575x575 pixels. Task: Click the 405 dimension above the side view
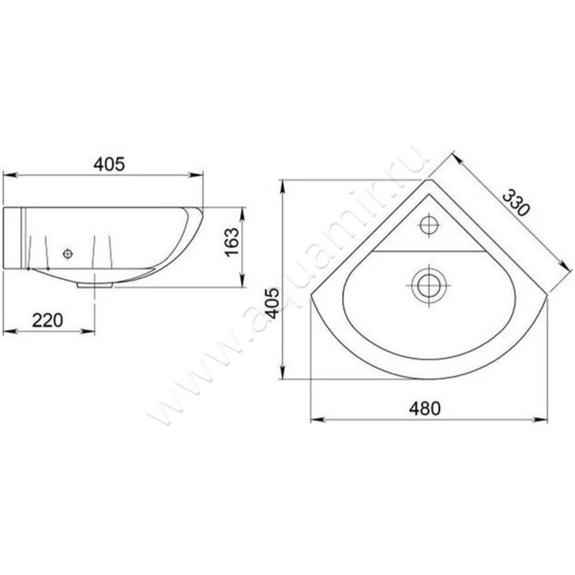(x=109, y=164)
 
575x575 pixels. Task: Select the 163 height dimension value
(x=232, y=242)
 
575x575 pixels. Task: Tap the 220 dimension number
(x=47, y=320)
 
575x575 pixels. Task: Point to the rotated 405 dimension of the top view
(x=272, y=303)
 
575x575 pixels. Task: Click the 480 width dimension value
(x=425, y=408)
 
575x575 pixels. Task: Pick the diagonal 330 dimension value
(x=516, y=203)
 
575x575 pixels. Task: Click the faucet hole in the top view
(x=429, y=225)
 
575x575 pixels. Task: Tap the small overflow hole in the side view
(x=68, y=254)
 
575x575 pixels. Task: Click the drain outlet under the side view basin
(x=95, y=285)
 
